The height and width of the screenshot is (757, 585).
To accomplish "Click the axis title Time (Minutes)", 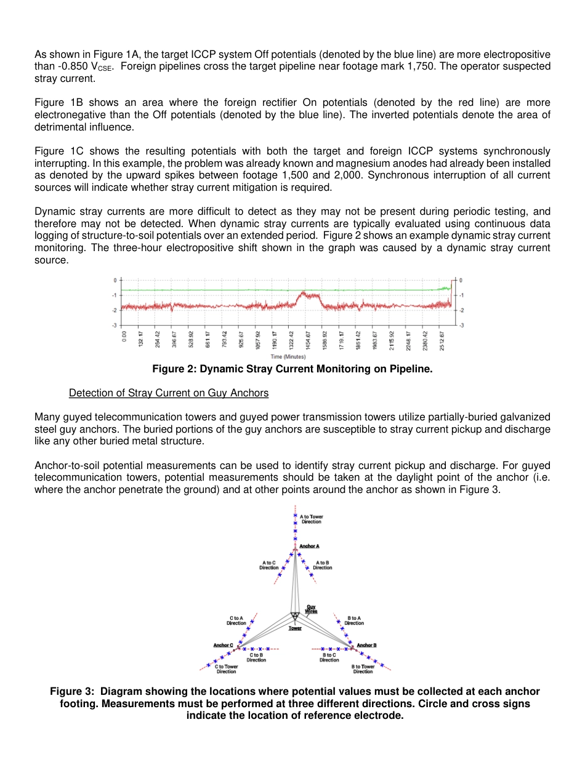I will pos(288,356).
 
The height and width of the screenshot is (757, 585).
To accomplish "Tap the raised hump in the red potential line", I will pos(307,296).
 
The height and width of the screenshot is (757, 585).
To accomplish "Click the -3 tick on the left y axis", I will pos(115,324).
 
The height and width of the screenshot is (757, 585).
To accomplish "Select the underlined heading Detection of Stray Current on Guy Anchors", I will pos(169,393).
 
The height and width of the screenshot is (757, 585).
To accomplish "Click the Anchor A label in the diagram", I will pos(309,546).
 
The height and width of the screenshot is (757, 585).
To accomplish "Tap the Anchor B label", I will pos(366,645).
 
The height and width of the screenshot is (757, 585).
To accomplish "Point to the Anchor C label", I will pos(223,645).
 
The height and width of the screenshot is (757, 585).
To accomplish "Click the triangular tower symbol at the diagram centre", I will pos(295,615).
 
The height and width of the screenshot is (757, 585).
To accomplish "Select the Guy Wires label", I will pos(312,609).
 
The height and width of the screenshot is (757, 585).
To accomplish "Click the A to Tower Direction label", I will pos(311,519).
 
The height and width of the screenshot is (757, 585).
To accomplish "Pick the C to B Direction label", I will pos(256,657).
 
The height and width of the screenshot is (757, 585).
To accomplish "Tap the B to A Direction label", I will pos(354,620).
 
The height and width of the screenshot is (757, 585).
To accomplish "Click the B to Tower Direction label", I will pos(363,668).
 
